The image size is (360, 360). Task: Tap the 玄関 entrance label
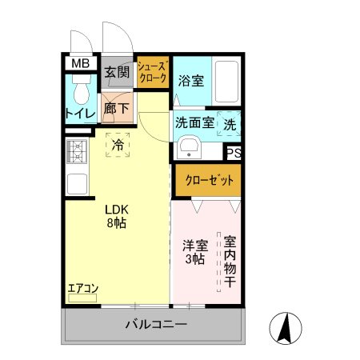pos(117,72)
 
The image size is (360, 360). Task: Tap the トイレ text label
pos(80,114)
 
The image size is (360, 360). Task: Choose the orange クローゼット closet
pos(206,180)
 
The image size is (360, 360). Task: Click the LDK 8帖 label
pos(117,217)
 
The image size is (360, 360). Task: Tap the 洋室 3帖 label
pos(193,252)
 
